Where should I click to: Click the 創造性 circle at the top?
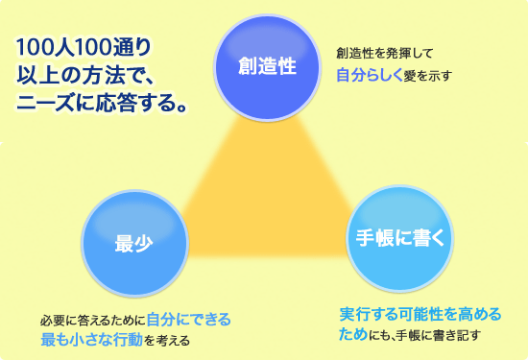pyautogui.click(x=267, y=67)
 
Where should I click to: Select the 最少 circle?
pyautogui.click(x=135, y=244)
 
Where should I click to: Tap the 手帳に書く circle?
pyautogui.click(x=400, y=238)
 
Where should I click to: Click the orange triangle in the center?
pyautogui.click(x=266, y=202)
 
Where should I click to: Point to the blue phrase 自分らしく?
pyautogui.click(x=370, y=76)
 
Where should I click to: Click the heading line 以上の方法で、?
pyautogui.click(x=84, y=75)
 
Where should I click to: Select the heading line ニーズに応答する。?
pyautogui.click(x=102, y=102)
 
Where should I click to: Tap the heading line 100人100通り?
pyautogui.click(x=84, y=47)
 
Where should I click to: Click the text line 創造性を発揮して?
pyautogui.click(x=384, y=53)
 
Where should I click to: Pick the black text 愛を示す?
pyautogui.click(x=427, y=76)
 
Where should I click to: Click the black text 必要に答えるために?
pyautogui.click(x=93, y=321)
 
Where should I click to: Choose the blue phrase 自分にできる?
pyautogui.click(x=189, y=320)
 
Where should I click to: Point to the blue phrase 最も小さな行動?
pyautogui.click(x=91, y=340)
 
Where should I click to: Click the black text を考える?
pyautogui.click(x=167, y=341)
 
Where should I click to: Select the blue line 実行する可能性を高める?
pyautogui.click(x=420, y=314)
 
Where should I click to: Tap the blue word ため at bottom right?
pyautogui.click(x=353, y=334)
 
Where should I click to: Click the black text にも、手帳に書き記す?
pyautogui.click(x=424, y=335)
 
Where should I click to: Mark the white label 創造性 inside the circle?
pyautogui.click(x=268, y=65)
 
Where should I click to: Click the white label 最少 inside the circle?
pyautogui.click(x=134, y=244)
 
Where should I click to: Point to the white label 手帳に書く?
pyautogui.click(x=400, y=237)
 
